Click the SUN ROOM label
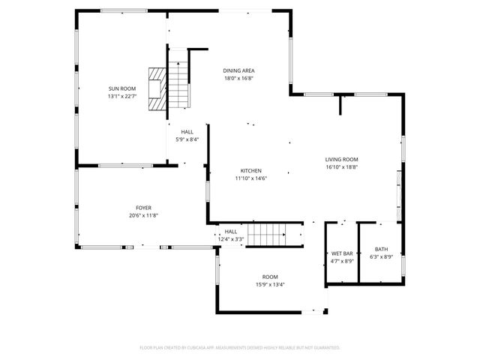coord(122,88)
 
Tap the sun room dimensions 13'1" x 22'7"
coord(122,97)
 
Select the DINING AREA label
coord(239,70)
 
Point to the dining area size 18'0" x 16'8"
coord(239,79)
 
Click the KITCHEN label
coord(250,170)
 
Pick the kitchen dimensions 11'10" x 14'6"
coord(250,178)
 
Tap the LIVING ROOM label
coord(341,159)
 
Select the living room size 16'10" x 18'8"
coord(341,167)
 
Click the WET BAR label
coord(342,253)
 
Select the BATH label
coord(381,249)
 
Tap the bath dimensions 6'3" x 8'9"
coord(381,257)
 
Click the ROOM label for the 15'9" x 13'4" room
coord(270,277)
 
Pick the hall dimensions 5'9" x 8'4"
coord(187,139)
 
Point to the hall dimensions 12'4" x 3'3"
coord(231,240)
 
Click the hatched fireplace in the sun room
coord(157,88)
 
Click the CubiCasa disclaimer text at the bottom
coord(240,348)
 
